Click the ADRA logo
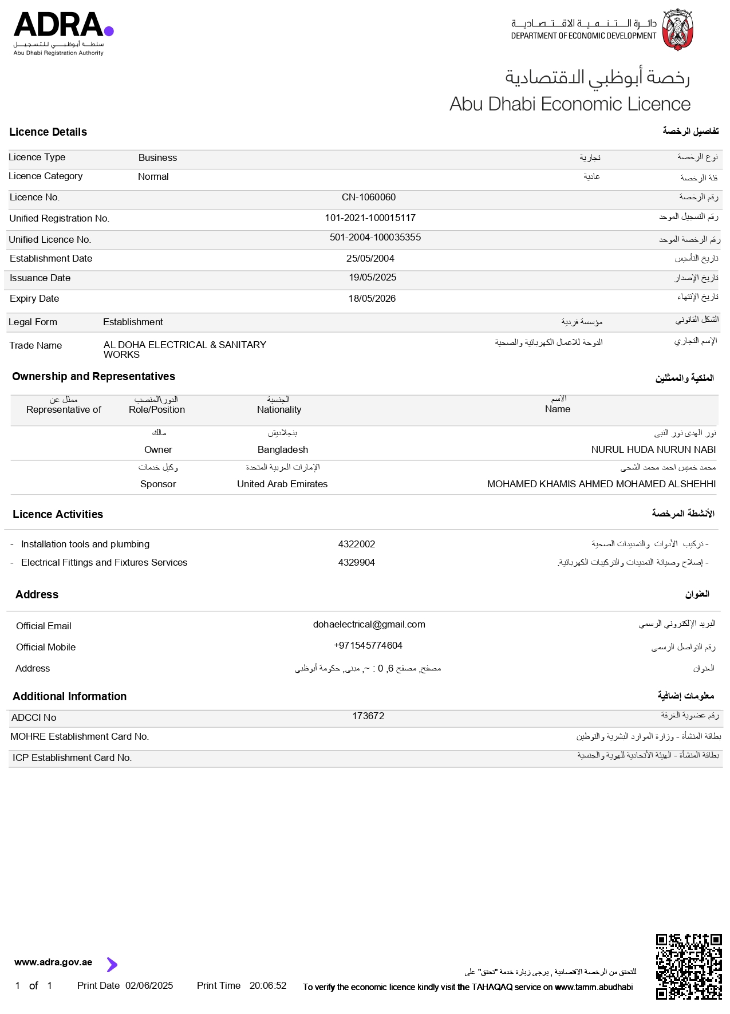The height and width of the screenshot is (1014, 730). (x=63, y=33)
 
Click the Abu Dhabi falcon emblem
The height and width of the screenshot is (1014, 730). (x=678, y=29)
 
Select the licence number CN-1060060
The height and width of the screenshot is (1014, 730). (x=368, y=198)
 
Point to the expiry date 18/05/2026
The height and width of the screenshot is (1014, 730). (x=372, y=299)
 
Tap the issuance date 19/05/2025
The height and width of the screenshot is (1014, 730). (x=372, y=278)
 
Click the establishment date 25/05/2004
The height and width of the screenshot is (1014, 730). (x=370, y=259)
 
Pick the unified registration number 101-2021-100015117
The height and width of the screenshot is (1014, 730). (x=370, y=218)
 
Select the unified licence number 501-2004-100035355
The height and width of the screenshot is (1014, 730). (x=375, y=238)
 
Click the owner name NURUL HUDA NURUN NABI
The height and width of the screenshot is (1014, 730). (x=653, y=450)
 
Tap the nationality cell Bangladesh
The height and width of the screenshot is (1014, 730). (x=282, y=450)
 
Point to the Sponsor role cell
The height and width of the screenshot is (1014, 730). (x=158, y=484)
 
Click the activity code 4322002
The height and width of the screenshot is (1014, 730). (x=356, y=545)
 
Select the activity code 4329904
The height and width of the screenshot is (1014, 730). (x=356, y=563)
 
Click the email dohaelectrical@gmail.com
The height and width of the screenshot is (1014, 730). (x=369, y=625)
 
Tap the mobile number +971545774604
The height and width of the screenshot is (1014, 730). (x=368, y=646)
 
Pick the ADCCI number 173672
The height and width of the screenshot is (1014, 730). (x=368, y=716)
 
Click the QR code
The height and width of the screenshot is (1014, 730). (x=688, y=966)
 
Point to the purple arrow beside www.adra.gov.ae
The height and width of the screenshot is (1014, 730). (x=112, y=965)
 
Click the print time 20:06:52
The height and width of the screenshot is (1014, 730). (x=267, y=986)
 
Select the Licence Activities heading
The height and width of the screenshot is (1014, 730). (x=58, y=515)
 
